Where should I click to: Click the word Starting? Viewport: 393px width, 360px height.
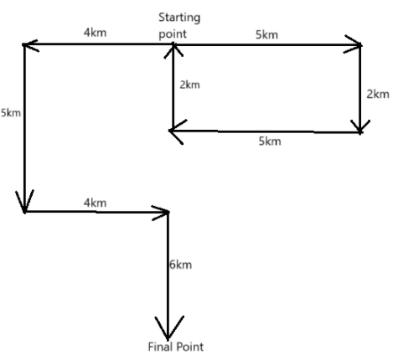[179, 18]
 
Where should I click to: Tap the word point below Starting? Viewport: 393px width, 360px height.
[173, 34]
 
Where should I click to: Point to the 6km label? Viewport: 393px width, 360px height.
[180, 265]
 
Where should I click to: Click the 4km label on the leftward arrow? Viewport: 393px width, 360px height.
[95, 33]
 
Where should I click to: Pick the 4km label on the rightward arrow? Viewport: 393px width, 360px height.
[95, 203]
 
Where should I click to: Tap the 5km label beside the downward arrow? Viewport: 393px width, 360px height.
[11, 113]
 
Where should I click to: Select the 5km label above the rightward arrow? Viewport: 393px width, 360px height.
[266, 35]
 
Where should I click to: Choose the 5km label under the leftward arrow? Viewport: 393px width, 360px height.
[270, 141]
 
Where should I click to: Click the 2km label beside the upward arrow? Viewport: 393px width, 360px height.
[189, 85]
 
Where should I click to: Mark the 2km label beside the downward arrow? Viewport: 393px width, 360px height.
[378, 94]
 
